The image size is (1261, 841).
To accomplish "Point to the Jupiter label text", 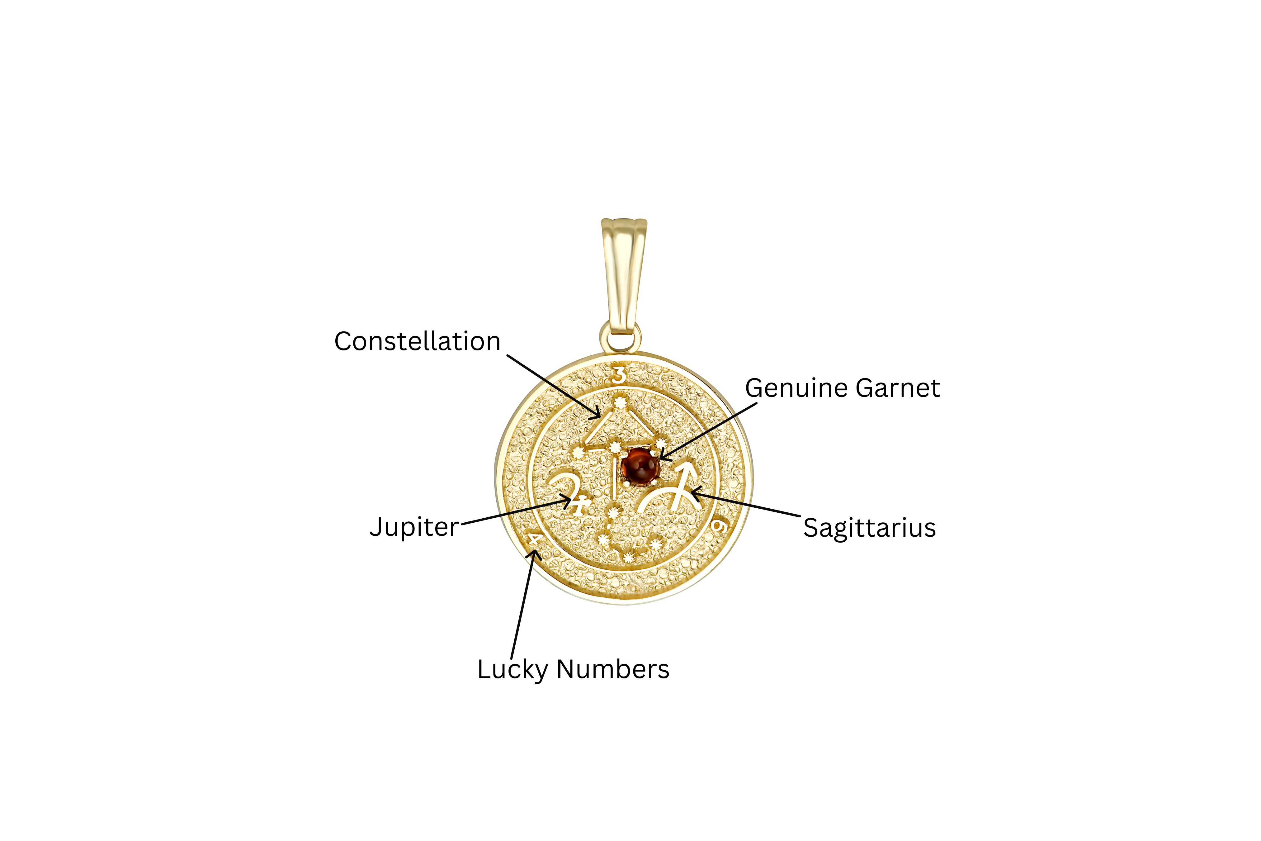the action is click(x=414, y=527).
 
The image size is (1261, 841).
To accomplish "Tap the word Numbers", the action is click(x=613, y=669).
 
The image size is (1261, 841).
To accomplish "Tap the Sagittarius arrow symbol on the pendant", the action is click(x=670, y=487).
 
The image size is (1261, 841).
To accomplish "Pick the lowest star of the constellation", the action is click(x=627, y=560).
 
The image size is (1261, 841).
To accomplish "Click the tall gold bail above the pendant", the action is click(x=624, y=275).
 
